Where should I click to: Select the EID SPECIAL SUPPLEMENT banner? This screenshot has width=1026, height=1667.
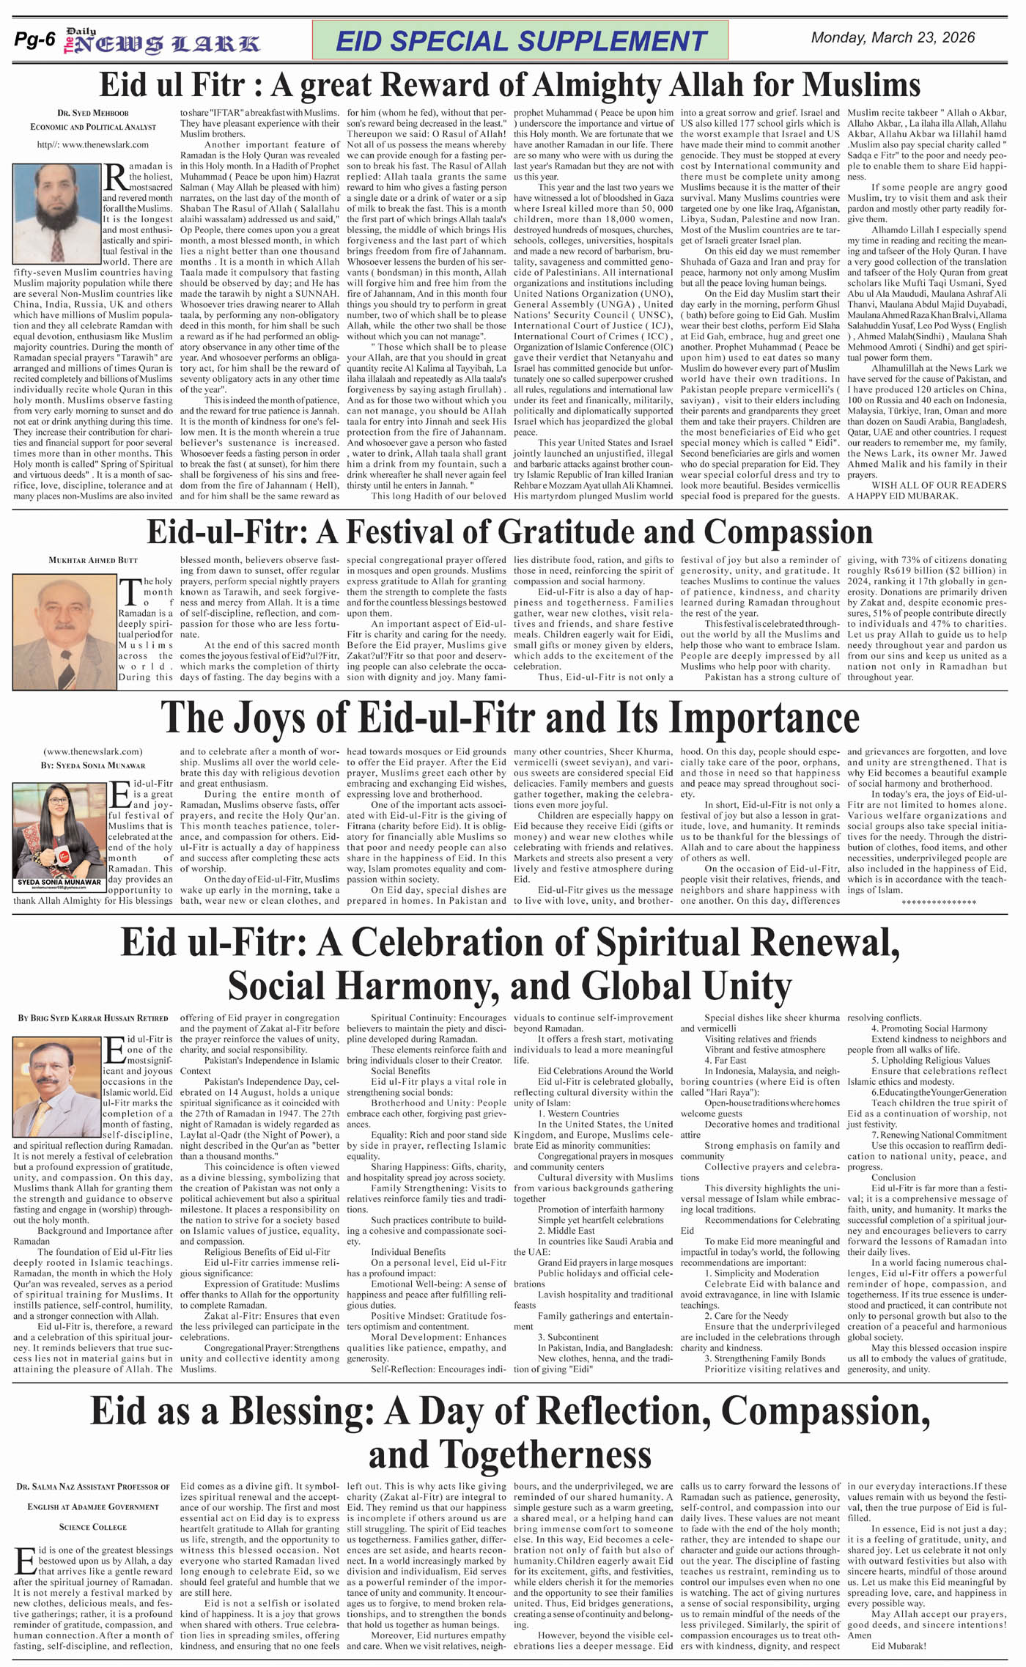tap(520, 40)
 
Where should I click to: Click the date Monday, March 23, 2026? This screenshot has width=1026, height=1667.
tap(893, 38)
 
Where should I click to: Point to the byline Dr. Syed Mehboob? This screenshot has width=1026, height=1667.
tap(92, 114)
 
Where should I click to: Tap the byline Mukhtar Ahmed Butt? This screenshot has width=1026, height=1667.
tap(93, 560)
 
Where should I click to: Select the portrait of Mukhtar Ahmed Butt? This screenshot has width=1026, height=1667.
tap(64, 632)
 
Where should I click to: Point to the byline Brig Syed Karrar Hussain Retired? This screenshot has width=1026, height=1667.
tap(93, 1018)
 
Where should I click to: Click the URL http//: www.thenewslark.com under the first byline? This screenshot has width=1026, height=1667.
tap(92, 145)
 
